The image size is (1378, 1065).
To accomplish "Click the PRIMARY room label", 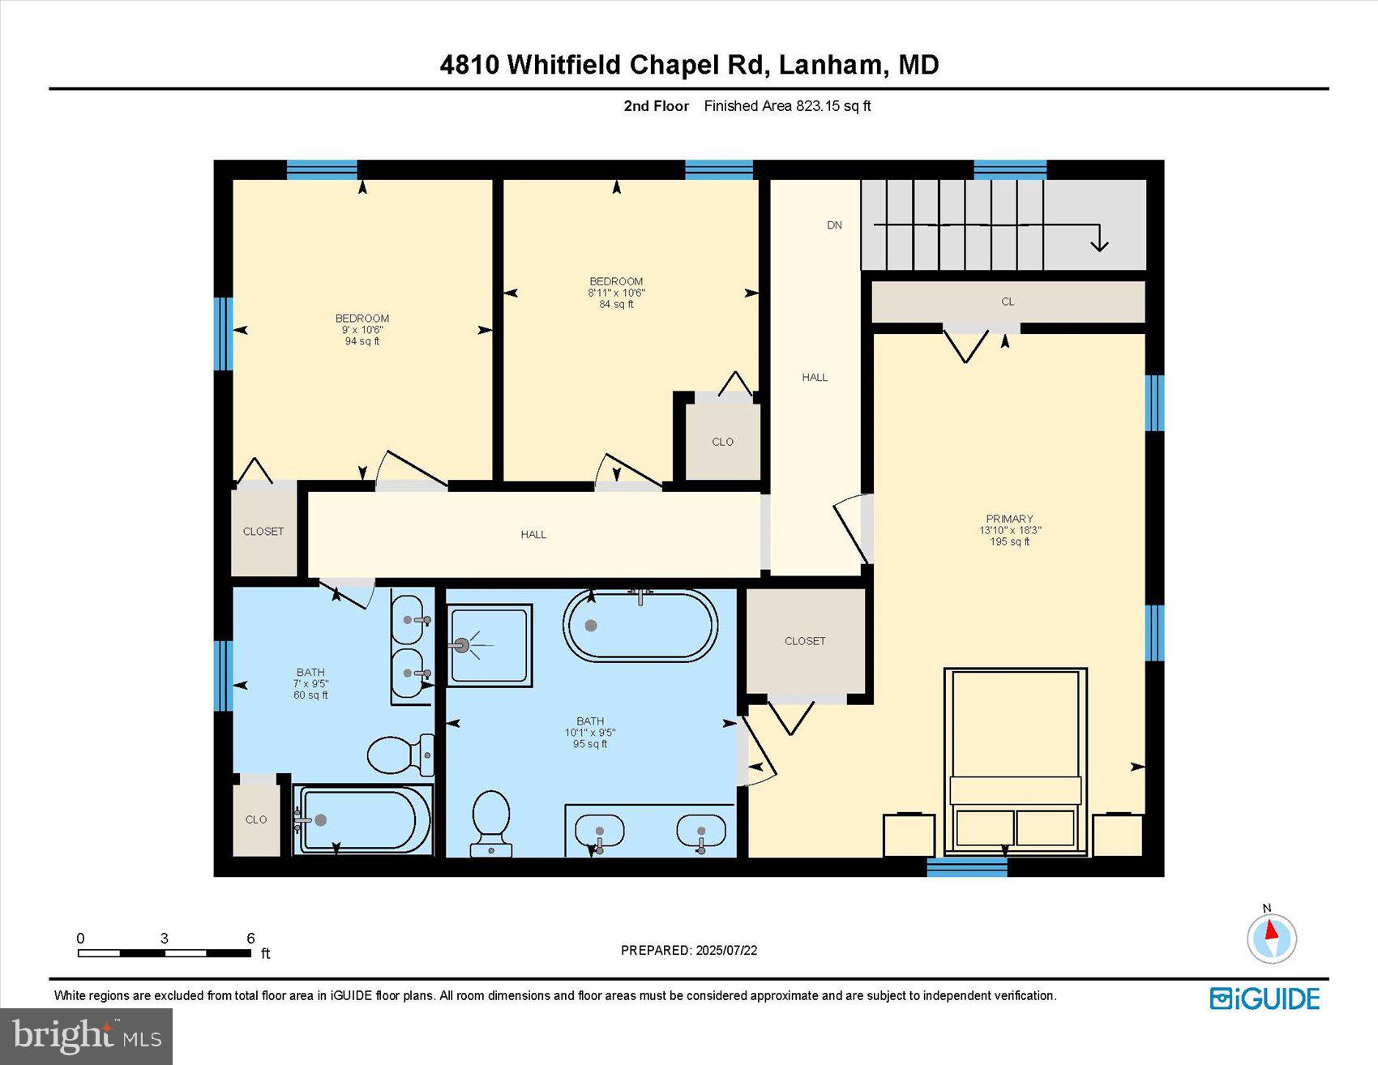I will (1009, 520).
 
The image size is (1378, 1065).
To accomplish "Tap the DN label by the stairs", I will (834, 225).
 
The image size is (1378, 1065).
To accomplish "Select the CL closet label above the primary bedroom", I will (1008, 302).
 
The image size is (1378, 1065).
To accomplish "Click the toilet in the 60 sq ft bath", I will (398, 755).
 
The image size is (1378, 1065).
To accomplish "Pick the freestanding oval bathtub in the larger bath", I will (640, 626).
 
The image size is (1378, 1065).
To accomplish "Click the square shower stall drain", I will (462, 646).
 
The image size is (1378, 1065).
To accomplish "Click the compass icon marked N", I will (1271, 938).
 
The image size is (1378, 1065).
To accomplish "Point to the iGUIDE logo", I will (1265, 999).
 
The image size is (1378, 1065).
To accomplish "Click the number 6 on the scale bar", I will (250, 939).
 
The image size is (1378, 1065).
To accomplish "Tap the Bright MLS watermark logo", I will (86, 1036).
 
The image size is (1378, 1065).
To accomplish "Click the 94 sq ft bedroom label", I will (362, 330).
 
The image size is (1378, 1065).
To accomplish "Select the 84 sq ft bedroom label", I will (616, 293).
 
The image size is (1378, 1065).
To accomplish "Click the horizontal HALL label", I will (533, 535).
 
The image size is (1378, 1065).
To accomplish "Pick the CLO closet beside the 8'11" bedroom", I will (722, 443).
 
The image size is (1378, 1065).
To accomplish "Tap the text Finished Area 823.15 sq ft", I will (787, 106).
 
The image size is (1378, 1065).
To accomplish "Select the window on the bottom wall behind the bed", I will (966, 868).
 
